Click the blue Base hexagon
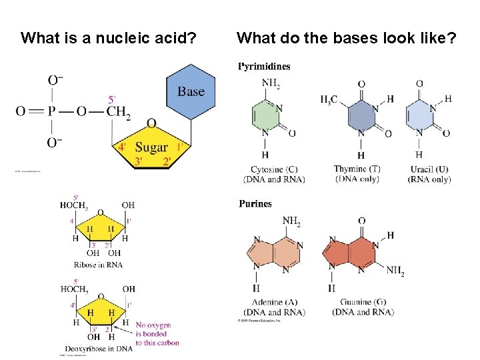coord(191,93)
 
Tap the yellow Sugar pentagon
coord(152,146)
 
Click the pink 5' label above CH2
coord(111,99)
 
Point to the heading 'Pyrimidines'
coord(265,66)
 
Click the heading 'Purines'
coord(255,203)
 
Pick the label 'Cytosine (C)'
coord(274,169)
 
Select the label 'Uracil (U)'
coord(429,169)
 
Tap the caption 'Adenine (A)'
coord(275,302)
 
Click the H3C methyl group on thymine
coord(329,99)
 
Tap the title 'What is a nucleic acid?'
coord(109,37)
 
